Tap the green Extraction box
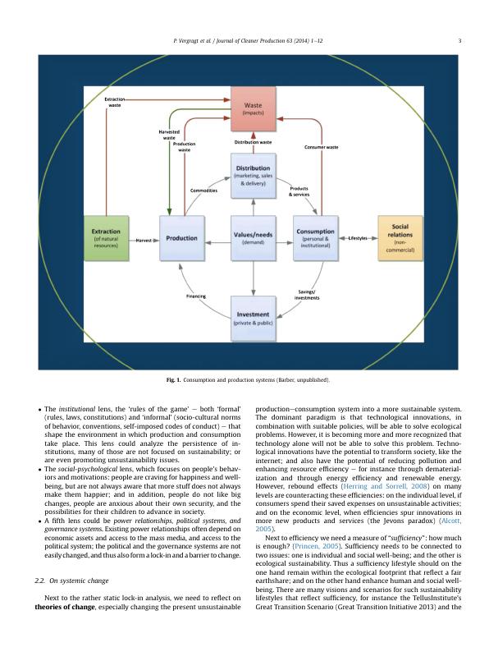tap(107, 238)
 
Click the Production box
tap(181, 238)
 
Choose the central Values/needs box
tap(254, 238)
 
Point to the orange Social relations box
tap(400, 238)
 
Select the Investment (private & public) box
tap(254, 319)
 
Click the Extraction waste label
tap(115, 103)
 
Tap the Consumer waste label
tap(322, 147)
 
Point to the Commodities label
tap(203, 191)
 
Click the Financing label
tap(196, 296)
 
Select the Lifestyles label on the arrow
tap(358, 238)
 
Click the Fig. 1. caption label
tap(172, 381)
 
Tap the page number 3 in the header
tap(459, 40)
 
